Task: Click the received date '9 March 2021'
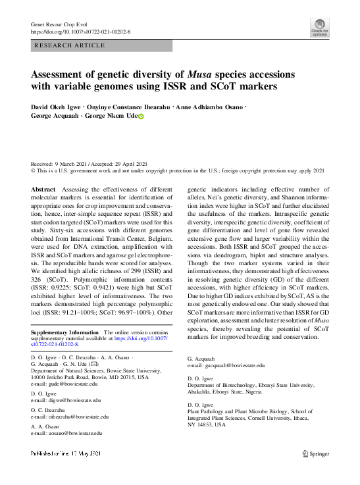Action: tap(78, 163)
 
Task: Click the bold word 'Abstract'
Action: tap(43, 190)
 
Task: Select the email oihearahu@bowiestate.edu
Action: tap(74, 417)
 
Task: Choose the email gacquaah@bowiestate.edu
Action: tap(230, 365)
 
